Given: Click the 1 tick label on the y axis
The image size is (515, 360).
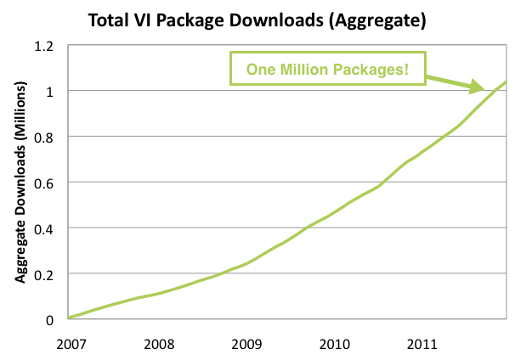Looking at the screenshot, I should tap(48, 91).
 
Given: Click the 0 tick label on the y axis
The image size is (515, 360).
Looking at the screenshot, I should tap(48, 320).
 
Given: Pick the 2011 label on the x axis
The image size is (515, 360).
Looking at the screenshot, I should tap(422, 344).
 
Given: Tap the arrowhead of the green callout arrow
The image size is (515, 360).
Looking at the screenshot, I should tap(478, 87).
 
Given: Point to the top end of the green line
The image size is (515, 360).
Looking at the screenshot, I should tap(507, 82).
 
